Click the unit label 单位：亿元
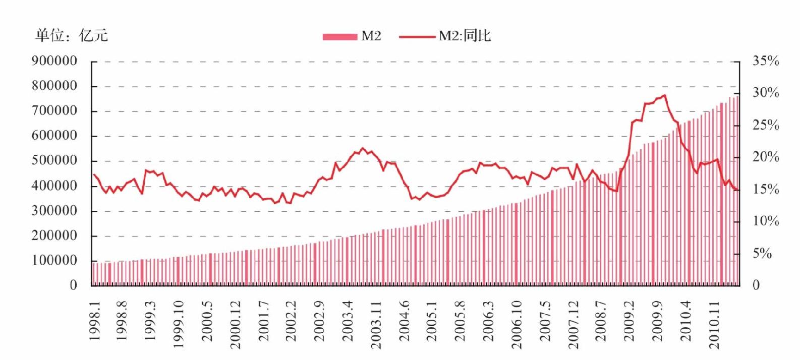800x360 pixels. click(72, 35)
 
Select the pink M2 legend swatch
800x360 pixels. click(339, 36)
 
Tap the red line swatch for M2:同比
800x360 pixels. click(417, 36)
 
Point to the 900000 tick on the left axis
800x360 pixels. click(54, 61)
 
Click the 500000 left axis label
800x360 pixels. click(54, 160)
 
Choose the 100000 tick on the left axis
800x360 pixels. click(54, 260)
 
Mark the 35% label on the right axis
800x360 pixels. click(766, 61)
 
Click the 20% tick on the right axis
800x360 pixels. click(766, 157)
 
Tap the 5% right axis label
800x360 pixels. click(762, 253)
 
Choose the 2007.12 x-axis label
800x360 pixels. click(573, 324)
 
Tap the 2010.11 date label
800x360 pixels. click(714, 324)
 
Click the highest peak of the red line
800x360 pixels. click(664, 95)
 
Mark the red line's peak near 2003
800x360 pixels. click(363, 148)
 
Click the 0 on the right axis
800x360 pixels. click(756, 285)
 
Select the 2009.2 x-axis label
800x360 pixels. click(630, 320)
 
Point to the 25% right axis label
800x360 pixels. click(766, 125)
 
